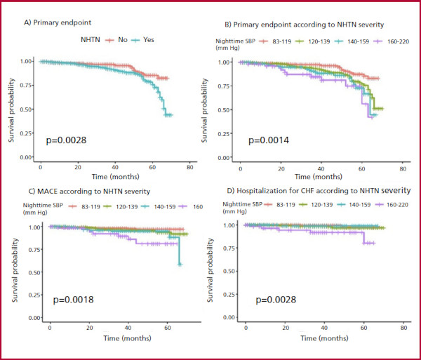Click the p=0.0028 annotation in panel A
pos(67,140)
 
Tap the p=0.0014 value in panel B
pos(269,140)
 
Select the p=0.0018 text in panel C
pos(73,300)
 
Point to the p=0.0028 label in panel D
pos(276,300)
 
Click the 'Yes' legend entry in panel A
pos(149,40)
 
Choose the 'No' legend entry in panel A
pos(123,40)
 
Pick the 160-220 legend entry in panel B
pos(398,41)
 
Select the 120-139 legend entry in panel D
pos(321,205)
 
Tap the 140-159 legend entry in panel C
pos(165,207)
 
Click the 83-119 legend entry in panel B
pos(281,41)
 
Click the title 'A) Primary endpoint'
pos(58,22)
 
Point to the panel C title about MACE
pos(89,192)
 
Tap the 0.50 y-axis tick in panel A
pos(26,109)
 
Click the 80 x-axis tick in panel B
pos(403,169)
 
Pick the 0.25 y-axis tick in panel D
pos(229,295)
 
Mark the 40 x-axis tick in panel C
pos(128,328)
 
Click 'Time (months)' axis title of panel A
pos(116,177)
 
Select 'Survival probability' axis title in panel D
pos(210,270)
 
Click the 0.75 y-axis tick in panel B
pos(225,86)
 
